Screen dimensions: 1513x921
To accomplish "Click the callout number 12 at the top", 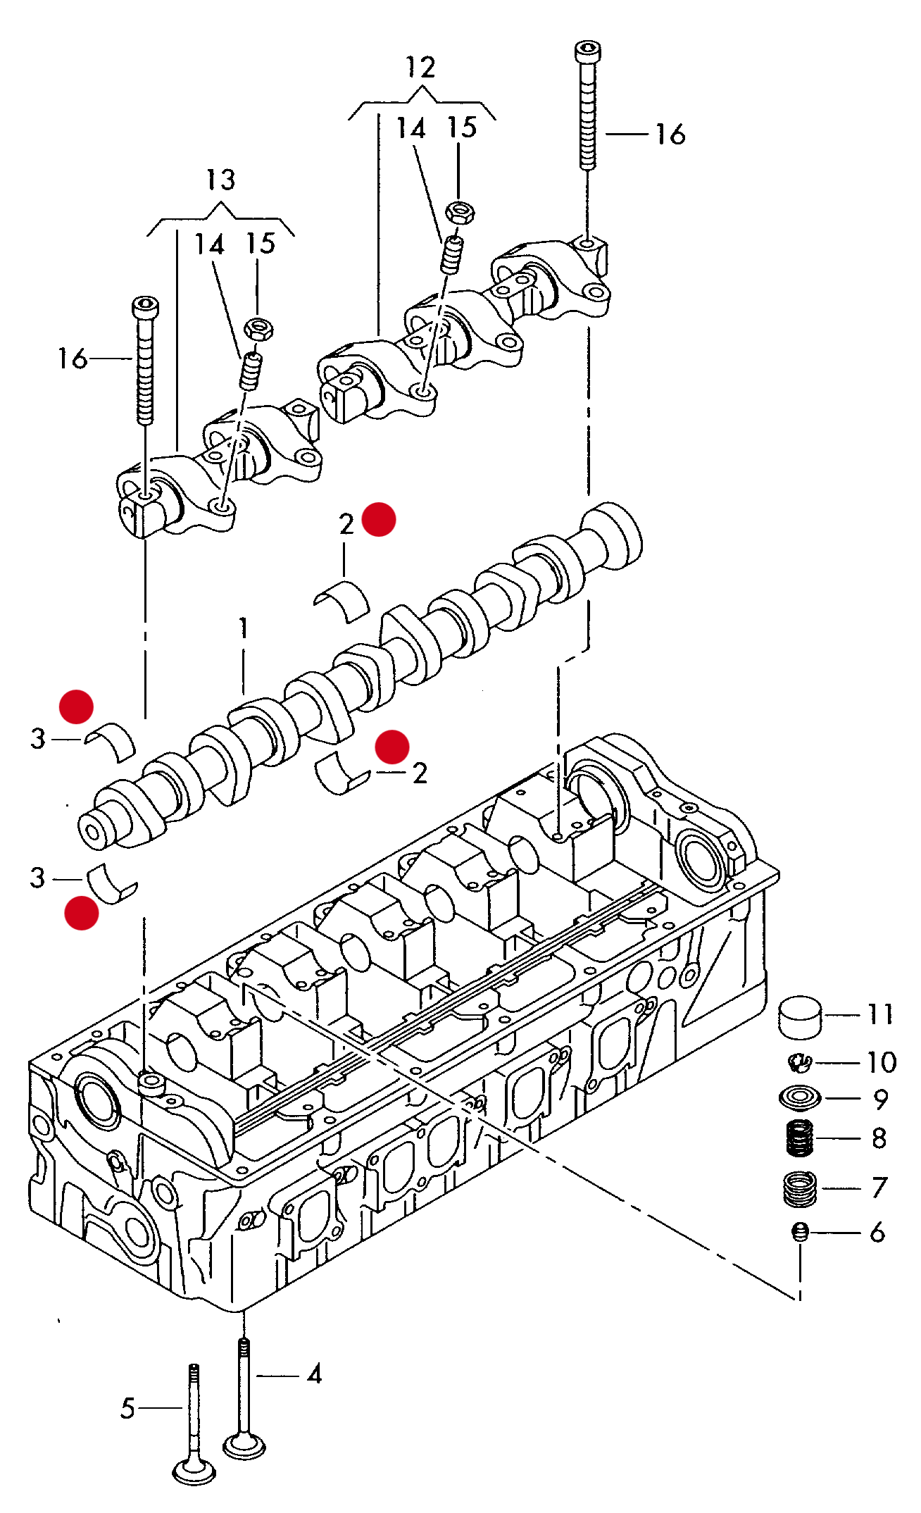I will (420, 68).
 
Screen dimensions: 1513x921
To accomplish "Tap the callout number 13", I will (220, 180).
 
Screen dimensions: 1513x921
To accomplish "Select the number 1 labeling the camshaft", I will (244, 628).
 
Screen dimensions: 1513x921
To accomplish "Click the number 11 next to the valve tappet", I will (880, 1015).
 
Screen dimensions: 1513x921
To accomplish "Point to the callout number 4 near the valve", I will (315, 1374).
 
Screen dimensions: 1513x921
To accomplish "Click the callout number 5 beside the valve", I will (127, 1409).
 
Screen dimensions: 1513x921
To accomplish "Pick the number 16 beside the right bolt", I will (670, 134).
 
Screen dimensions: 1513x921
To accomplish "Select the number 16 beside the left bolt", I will (73, 359).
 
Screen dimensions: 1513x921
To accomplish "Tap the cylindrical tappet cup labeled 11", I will (800, 1017).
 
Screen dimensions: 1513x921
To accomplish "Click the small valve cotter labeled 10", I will (799, 1061).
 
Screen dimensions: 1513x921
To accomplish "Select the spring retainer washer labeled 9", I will (800, 1097).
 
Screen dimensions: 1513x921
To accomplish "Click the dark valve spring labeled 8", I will (799, 1138).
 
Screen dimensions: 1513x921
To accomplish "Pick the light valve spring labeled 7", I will (799, 1188).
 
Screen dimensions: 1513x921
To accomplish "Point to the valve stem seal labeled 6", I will (799, 1231).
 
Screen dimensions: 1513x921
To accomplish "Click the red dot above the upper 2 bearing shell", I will (379, 520).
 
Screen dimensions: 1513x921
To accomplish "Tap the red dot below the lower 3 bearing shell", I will (82, 913).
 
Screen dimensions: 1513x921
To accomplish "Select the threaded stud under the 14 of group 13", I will (251, 371).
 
